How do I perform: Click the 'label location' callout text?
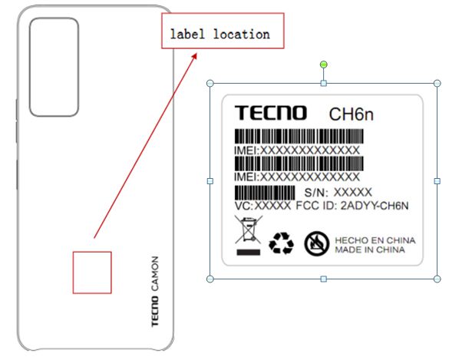tap(220, 34)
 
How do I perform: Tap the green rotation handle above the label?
tap(324, 64)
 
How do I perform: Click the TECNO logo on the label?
tap(271, 113)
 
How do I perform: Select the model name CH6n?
tap(352, 114)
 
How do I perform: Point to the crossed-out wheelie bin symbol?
tap(248, 235)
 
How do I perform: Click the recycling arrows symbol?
tap(281, 243)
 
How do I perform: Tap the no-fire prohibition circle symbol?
tap(316, 243)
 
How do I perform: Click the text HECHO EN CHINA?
tap(375, 240)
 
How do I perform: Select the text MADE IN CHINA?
tap(370, 249)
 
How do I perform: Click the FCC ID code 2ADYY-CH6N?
tap(375, 206)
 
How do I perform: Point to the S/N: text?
tap(316, 193)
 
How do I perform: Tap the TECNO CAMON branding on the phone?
tap(154, 292)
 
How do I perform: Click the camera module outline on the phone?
tap(30, 68)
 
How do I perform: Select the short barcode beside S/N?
tap(265, 193)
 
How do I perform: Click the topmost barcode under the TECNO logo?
tap(299, 137)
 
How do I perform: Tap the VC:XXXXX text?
tap(262, 206)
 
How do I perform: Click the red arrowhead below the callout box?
tap(194, 56)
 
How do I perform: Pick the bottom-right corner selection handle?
tap(437, 279)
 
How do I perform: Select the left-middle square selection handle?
tap(210, 181)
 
